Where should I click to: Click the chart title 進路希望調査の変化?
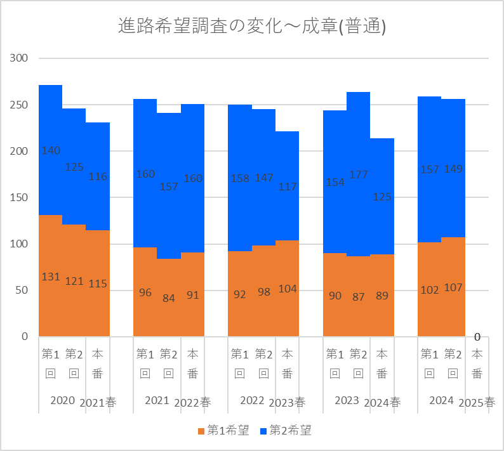(x=252, y=26)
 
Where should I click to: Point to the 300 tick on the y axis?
(x=20, y=58)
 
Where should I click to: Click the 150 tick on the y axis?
(x=20, y=198)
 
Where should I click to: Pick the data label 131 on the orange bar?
(x=51, y=277)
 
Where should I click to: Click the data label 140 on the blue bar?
(x=51, y=151)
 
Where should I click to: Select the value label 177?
(x=359, y=175)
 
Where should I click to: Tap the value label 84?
(x=168, y=297)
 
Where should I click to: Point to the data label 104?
(x=287, y=289)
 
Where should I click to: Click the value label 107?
(x=453, y=287)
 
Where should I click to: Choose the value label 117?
(x=287, y=187)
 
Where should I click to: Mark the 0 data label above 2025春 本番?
(x=477, y=337)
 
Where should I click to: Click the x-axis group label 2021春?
(x=98, y=402)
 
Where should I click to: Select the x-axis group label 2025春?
(x=477, y=402)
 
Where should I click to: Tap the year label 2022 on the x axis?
(x=252, y=400)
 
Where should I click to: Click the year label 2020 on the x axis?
(x=62, y=400)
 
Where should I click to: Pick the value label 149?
(x=453, y=169)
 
